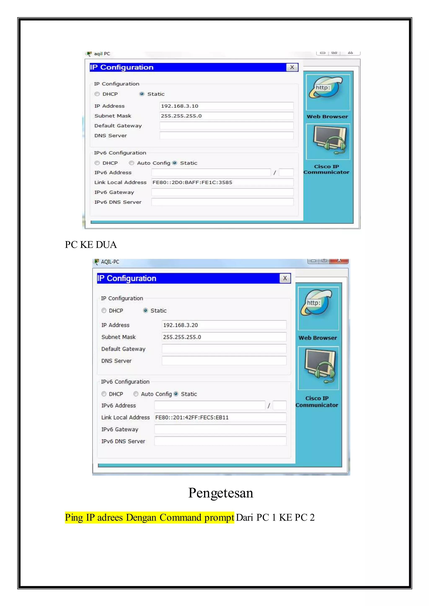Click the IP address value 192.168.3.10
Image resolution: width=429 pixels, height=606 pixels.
point(180,106)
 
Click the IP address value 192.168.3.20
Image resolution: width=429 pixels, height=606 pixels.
point(180,325)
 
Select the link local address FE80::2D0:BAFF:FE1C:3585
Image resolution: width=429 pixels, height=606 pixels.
point(192,182)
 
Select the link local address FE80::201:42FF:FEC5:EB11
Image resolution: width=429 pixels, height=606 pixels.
point(192,417)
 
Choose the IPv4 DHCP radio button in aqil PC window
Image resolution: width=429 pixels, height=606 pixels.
point(97,94)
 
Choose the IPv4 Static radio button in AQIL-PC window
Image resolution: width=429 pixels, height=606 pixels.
point(146,311)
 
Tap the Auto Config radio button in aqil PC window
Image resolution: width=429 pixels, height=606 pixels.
point(132,163)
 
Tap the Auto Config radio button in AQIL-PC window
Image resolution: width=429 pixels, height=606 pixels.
point(136,394)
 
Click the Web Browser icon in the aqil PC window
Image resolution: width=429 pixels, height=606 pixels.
point(328,92)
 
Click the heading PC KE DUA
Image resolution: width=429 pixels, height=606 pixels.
point(91,245)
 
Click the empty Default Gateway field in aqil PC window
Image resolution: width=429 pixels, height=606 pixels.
point(226,126)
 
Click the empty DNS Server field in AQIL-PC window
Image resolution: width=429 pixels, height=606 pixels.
point(224,361)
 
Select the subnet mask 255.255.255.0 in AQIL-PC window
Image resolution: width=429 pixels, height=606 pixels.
point(182,337)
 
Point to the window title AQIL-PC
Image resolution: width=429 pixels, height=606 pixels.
point(110,262)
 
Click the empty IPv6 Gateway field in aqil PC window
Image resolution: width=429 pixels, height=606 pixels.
point(222,192)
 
